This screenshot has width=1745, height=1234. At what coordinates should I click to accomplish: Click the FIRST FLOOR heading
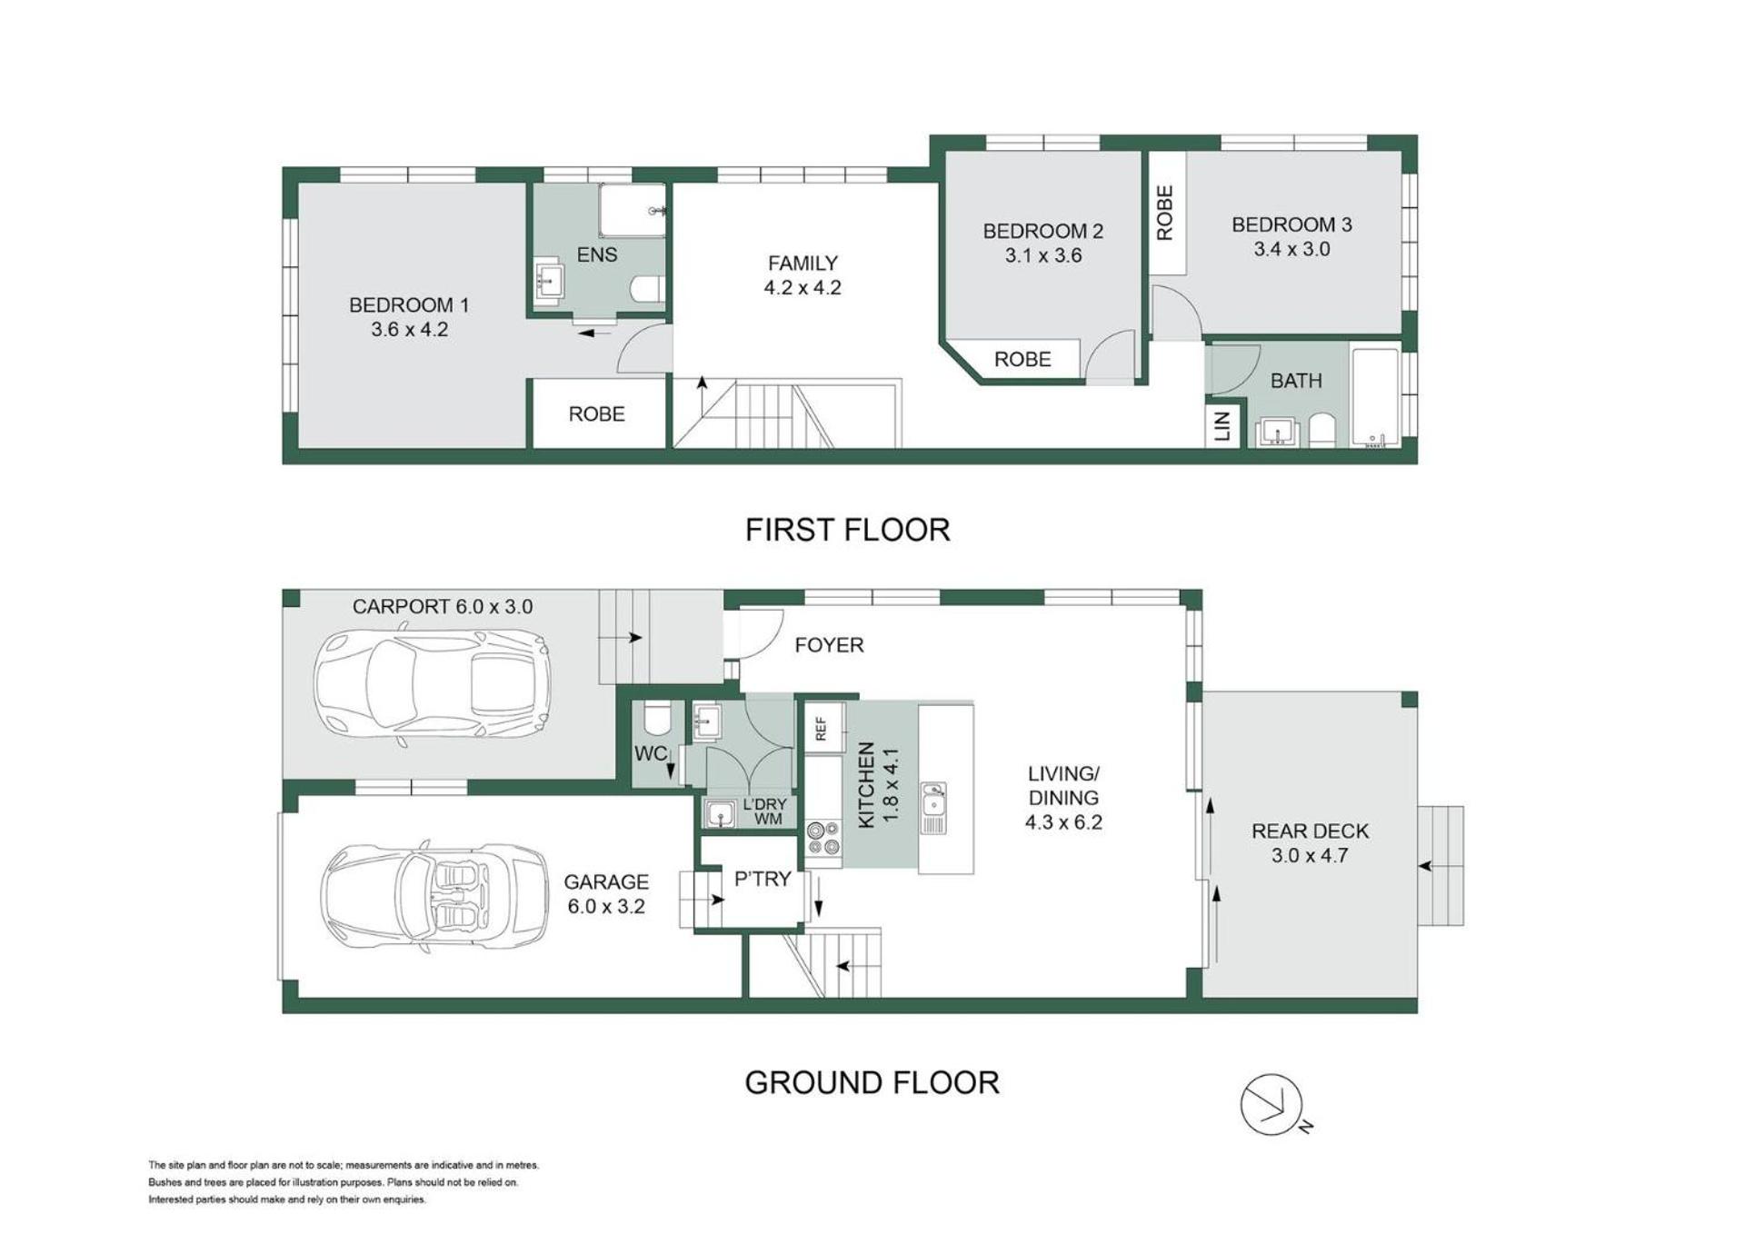(x=847, y=530)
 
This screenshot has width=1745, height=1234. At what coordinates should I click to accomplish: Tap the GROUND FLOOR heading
(x=872, y=1082)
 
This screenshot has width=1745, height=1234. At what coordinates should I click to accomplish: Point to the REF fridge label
(x=822, y=729)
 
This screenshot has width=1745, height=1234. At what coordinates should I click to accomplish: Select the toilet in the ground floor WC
(x=655, y=718)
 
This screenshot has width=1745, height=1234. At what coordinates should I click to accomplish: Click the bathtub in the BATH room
(x=1375, y=396)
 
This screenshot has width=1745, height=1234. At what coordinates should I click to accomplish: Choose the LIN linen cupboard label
(x=1222, y=425)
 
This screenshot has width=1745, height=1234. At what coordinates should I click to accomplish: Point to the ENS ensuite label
(x=597, y=255)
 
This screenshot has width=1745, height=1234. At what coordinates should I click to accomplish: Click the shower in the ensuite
(x=633, y=211)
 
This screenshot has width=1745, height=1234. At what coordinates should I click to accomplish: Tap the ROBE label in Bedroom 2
(x=1022, y=360)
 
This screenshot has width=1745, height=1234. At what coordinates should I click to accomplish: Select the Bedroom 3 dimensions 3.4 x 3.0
(x=1291, y=249)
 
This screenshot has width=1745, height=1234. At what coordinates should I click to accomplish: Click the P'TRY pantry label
(x=763, y=880)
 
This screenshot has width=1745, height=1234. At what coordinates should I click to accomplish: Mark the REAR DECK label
(x=1310, y=831)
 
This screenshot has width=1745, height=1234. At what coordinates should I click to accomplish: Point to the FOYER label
(x=829, y=645)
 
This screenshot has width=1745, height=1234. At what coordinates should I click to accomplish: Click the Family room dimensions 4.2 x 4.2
(x=803, y=288)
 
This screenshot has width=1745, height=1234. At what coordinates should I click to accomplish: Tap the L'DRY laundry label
(x=764, y=805)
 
